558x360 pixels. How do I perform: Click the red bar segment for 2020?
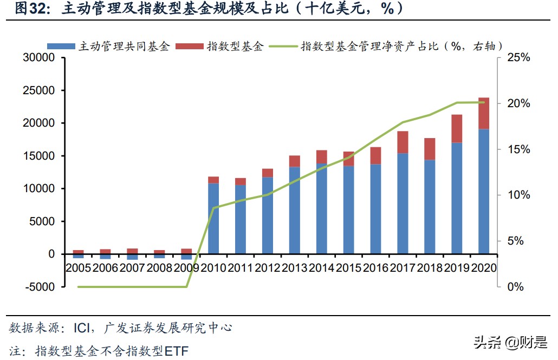[484, 113]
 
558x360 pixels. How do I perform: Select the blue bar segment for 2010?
[213, 218]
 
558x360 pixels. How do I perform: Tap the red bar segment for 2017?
[403, 142]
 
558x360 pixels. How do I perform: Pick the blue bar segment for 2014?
[321, 208]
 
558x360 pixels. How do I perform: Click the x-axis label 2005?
[79, 267]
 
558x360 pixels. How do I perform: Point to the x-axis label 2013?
[295, 267]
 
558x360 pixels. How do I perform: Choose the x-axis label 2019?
[457, 267]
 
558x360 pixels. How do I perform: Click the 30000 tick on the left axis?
[38, 58]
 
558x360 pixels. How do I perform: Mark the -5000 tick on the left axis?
[38, 287]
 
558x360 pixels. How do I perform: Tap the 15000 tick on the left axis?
[38, 156]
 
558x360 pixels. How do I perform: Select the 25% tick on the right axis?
[518, 58]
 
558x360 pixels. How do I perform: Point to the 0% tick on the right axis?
[516, 287]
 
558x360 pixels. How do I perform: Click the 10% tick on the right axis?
[518, 195]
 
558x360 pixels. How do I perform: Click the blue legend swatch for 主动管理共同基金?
[61, 46]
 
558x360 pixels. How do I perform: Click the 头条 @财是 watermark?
[510, 342]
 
